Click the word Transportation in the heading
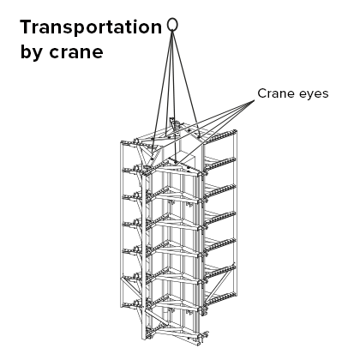(91, 27)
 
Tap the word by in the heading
(31, 51)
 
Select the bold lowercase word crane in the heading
(76, 52)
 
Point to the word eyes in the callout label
(311, 94)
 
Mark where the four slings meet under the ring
(172, 32)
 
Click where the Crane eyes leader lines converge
(255, 100)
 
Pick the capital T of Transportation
(27, 27)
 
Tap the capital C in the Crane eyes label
(262, 93)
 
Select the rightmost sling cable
(185, 81)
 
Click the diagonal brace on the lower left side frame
(130, 290)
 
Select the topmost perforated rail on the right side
(219, 136)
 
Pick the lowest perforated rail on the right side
(220, 299)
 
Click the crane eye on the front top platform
(176, 162)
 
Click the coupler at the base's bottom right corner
(202, 337)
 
